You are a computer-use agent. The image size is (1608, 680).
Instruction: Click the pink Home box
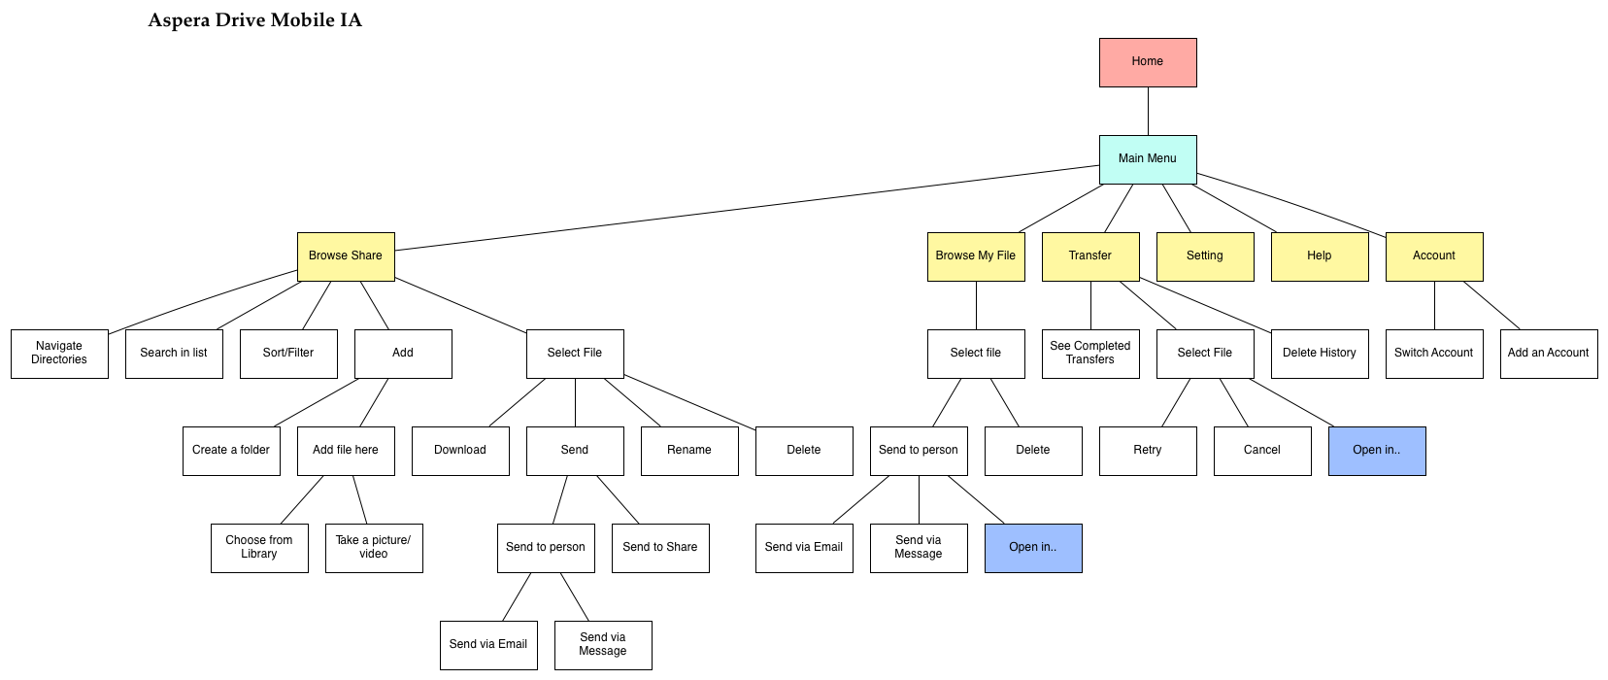click(x=1148, y=62)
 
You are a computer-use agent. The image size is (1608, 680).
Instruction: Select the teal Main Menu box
click(x=1148, y=159)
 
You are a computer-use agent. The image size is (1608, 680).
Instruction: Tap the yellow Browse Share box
click(x=346, y=256)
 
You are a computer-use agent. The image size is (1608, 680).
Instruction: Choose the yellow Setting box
click(x=1205, y=256)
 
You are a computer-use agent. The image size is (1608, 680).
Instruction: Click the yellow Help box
click(x=1320, y=256)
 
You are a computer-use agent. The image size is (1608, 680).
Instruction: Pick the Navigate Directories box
click(x=59, y=354)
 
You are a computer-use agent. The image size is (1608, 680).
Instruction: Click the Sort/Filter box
click(x=288, y=354)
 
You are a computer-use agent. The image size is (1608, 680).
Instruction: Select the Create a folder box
click(x=231, y=451)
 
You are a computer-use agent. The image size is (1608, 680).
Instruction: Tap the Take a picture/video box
click(x=374, y=548)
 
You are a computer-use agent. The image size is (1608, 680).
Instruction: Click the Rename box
click(x=689, y=451)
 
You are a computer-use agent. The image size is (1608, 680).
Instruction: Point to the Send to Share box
click(x=660, y=548)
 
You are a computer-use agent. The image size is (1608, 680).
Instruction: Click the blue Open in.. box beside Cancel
click(x=1377, y=451)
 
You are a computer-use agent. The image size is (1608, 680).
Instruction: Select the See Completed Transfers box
click(x=1090, y=354)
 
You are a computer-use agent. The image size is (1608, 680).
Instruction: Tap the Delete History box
click(x=1320, y=354)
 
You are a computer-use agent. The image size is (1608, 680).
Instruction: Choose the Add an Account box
click(x=1549, y=354)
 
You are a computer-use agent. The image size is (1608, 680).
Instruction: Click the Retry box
click(x=1148, y=451)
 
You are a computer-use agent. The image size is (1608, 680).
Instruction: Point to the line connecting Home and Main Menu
click(x=1148, y=111)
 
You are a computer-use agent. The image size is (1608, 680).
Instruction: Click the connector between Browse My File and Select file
click(x=976, y=305)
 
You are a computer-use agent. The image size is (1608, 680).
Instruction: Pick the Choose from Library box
click(x=259, y=548)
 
